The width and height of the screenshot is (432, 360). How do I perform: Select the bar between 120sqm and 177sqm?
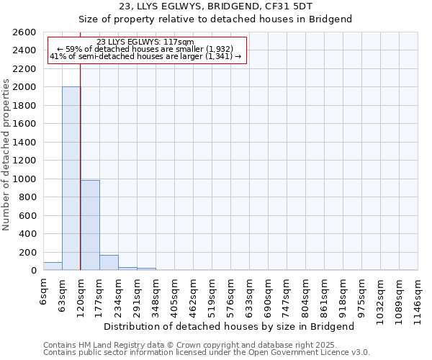90,225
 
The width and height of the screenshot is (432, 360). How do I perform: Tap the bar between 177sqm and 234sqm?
109,263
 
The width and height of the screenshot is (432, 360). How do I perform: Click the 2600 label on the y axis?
24,32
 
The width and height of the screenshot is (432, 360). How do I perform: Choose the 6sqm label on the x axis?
43,291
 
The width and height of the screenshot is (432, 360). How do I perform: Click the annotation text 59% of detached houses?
146,49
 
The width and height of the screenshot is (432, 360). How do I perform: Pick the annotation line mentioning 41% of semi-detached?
146,56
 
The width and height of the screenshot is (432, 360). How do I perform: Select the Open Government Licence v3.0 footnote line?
206,352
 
